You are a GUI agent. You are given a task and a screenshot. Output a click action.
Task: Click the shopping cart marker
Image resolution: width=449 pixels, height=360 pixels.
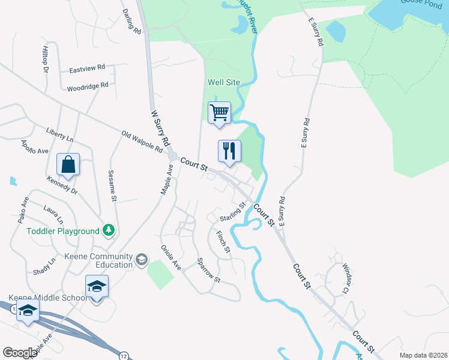219,113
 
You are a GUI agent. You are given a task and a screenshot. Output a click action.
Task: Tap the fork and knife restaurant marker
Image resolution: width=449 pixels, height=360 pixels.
229,151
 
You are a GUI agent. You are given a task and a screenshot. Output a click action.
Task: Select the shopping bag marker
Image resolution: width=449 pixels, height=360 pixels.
68,164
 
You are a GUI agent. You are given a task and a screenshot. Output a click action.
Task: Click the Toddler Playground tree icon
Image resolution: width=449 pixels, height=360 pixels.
108,230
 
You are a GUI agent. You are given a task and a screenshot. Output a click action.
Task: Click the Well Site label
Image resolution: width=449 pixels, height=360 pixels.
224,82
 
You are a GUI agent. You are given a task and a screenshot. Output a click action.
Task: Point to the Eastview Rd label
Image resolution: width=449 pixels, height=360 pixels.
87,68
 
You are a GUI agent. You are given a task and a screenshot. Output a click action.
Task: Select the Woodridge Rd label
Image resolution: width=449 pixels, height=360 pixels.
87,86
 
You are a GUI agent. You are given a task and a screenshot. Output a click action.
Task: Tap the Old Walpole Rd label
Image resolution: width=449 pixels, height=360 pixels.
142,140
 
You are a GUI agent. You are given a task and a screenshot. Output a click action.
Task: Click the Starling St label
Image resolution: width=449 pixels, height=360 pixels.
233,211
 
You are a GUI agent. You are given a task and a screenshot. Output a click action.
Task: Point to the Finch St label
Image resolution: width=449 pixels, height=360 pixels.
223,242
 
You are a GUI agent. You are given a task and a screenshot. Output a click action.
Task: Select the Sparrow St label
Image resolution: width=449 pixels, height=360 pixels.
209,271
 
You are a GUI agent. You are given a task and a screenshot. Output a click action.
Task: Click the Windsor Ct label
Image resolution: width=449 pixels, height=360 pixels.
345,278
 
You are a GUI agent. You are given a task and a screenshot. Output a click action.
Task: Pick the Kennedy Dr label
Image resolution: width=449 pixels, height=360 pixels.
62,185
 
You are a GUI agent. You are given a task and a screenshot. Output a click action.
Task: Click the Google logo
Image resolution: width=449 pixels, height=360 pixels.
20,353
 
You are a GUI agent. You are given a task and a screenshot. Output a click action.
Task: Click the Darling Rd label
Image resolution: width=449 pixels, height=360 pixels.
131,21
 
